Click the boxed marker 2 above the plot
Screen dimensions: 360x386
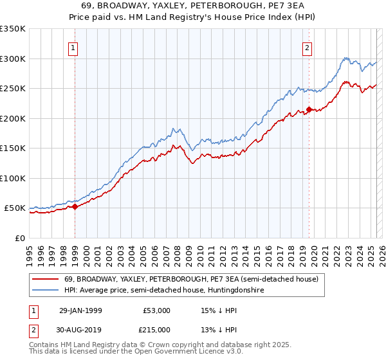point(308,48)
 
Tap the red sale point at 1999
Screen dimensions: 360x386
point(75,206)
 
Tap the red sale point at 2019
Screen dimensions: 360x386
point(309,110)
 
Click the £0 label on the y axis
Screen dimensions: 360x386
point(20,238)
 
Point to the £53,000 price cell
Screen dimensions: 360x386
point(157,310)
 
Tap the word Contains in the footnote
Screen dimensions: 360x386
point(44,346)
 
